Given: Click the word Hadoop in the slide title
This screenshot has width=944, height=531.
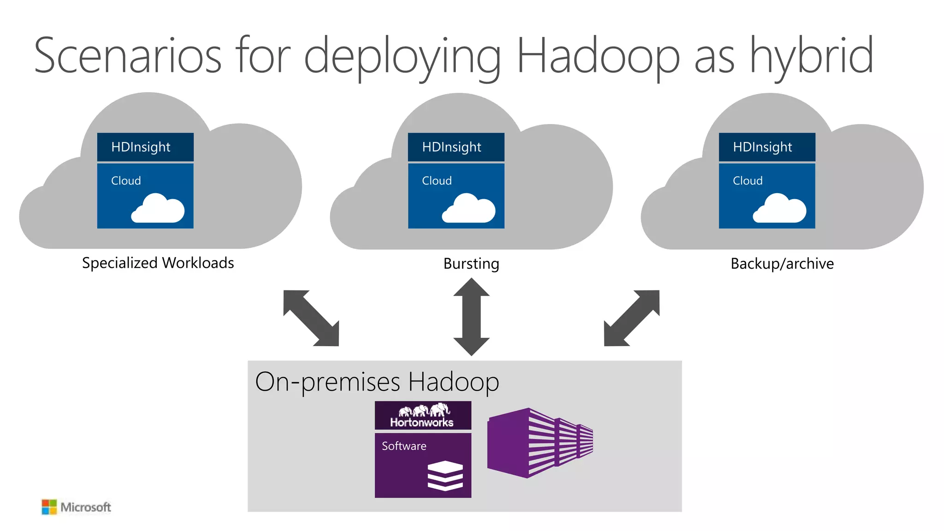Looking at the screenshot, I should [598, 56].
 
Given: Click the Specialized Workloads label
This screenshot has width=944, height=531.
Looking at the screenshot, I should [158, 263].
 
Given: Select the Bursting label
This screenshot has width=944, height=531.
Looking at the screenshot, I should [471, 264].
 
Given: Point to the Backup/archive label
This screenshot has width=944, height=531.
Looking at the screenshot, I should [782, 264].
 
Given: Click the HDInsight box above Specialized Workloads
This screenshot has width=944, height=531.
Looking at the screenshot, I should [145, 147].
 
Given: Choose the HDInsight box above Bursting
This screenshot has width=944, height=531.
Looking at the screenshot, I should [456, 147].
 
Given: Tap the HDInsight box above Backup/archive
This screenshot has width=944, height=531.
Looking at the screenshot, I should [767, 147].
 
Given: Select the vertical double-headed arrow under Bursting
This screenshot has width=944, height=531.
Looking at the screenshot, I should [471, 317].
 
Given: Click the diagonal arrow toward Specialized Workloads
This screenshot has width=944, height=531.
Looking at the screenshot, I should [311, 318].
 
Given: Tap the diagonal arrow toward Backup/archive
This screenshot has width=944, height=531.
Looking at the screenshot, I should [631, 318].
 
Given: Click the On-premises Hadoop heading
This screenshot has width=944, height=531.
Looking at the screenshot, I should [377, 382].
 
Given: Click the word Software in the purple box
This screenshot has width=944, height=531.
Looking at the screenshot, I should [404, 446].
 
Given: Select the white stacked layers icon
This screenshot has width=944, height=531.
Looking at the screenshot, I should [445, 475].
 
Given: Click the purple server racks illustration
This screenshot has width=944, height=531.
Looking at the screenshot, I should [539, 442].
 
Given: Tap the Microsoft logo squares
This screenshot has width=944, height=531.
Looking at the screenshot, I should [49, 507].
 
